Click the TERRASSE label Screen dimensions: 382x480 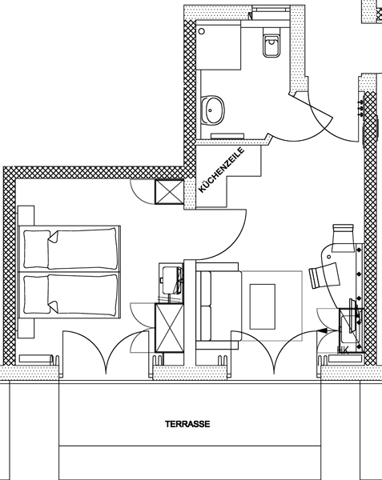187,424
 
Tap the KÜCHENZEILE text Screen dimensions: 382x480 222,170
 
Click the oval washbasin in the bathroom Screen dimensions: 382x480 212,110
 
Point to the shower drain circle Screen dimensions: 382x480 202,31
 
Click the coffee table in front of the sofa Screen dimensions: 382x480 262,306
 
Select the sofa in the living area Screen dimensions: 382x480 219,306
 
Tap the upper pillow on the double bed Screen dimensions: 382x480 37,249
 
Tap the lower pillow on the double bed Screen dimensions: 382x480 37,294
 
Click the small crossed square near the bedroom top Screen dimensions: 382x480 169,192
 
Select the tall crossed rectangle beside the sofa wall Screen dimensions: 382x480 170,327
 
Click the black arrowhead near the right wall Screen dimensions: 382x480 323,330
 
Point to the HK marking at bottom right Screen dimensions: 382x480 343,350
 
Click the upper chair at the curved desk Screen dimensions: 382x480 343,238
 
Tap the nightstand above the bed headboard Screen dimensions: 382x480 26,216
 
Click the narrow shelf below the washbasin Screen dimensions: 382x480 227,136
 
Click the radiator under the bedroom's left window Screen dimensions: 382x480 36,358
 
